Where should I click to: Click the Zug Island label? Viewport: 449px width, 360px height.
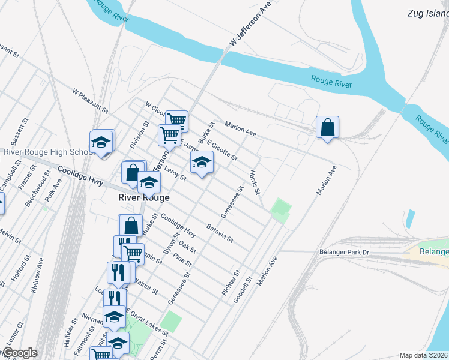tap(427, 13)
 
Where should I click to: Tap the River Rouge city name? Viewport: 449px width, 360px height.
tap(143, 197)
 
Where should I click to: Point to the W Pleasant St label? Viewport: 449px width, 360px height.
tap(89, 101)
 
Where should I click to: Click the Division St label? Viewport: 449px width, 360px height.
tap(139, 135)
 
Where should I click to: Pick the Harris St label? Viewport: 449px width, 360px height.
tap(255, 182)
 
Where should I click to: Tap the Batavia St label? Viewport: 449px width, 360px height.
tap(219, 233)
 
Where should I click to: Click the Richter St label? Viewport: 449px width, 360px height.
tap(235, 281)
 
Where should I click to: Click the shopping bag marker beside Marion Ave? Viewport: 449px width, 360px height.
tap(327, 127)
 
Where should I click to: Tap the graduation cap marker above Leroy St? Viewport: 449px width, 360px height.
tap(202, 162)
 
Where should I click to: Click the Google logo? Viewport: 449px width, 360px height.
tap(19, 353)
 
